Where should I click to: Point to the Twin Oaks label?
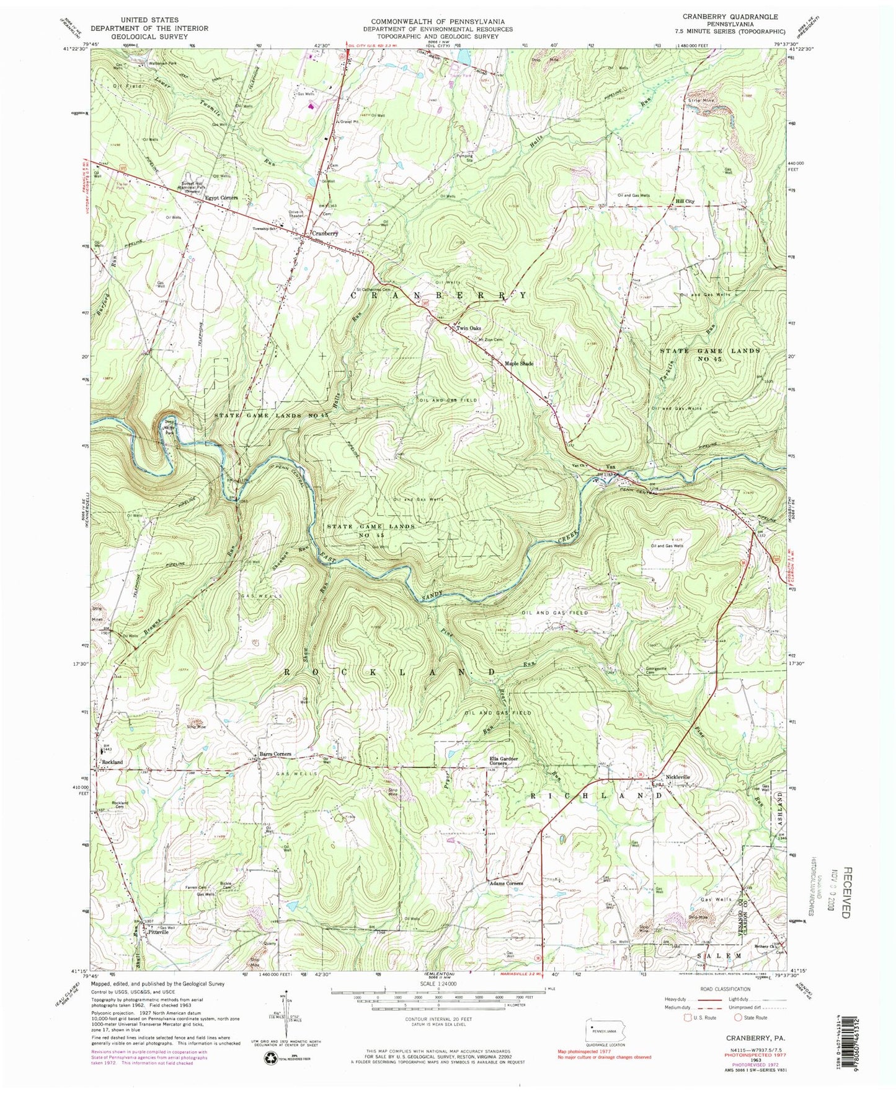pyautogui.click(x=469, y=328)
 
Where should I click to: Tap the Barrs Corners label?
pyautogui.click(x=274, y=754)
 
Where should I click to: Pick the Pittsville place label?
pyautogui.click(x=154, y=932)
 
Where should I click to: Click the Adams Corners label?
pyautogui.click(x=507, y=883)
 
